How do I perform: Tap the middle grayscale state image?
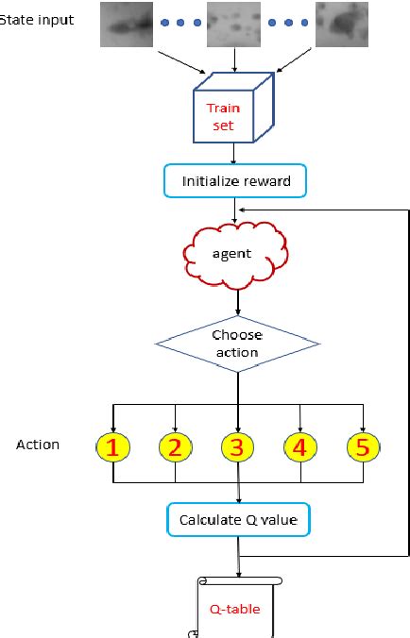pos(233,25)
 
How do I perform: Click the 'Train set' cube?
pos(235,115)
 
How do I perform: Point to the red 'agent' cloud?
pos(235,254)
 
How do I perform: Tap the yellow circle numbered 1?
pos(112,447)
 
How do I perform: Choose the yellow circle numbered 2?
pos(174,447)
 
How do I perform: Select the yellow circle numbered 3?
pos(237,447)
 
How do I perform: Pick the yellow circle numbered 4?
pos(300,447)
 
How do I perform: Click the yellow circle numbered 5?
pos(362,447)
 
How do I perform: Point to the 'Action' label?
pos(38,444)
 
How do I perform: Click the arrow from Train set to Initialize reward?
pos(234,153)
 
